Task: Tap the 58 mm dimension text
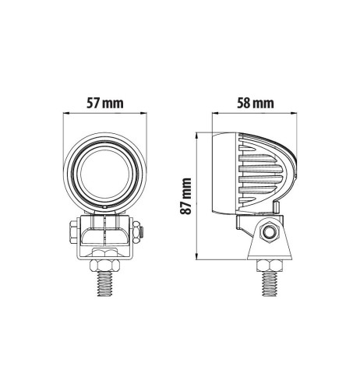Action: [x=252, y=102]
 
